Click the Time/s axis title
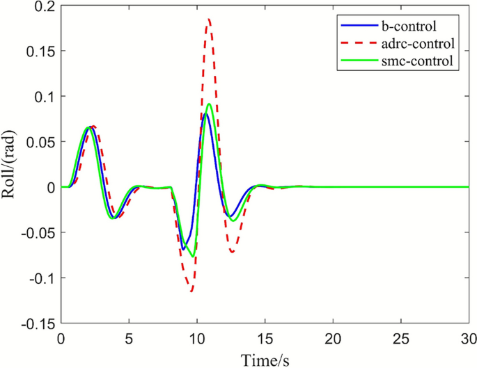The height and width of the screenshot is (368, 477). click(x=265, y=359)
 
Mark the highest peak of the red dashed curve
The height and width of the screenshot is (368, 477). click(x=209, y=19)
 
